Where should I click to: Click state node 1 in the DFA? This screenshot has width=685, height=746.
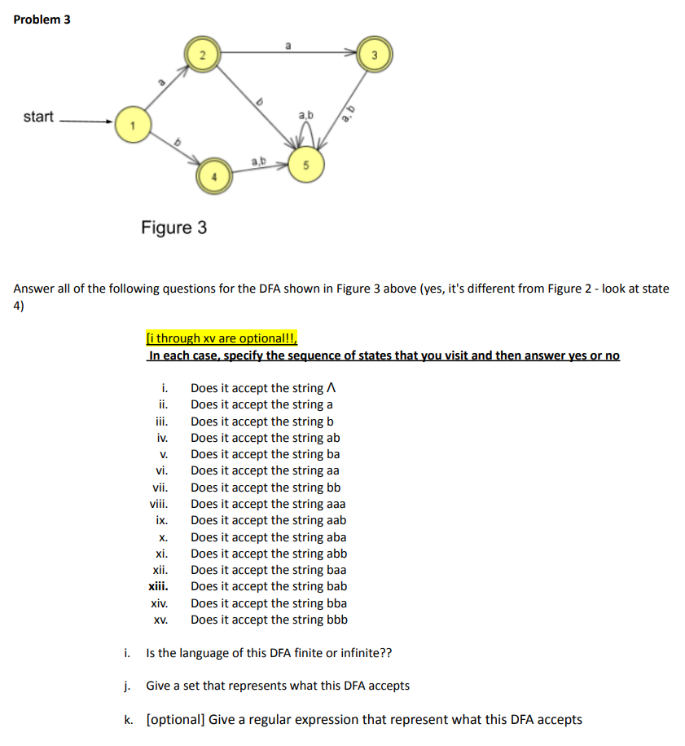127,124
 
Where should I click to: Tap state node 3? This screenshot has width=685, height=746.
374,55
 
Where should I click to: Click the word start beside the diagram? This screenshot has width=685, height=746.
38,117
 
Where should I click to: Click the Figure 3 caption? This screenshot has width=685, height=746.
173,227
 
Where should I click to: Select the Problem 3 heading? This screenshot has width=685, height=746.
42,20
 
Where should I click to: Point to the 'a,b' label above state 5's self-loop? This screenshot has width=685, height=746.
305,117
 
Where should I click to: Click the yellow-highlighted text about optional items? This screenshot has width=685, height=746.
222,338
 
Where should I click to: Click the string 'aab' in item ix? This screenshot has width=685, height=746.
335,520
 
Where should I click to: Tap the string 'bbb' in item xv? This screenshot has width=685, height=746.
336,620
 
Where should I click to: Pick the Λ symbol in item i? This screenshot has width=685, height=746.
331,388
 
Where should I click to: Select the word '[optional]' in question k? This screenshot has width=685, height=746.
173,719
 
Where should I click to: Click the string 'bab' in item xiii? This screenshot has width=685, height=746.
336,586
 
